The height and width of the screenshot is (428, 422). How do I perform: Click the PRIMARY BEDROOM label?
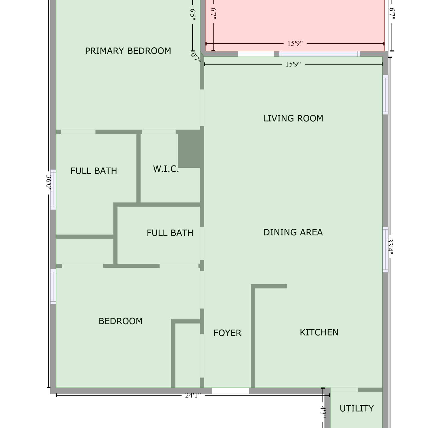pyautogui.click(x=128, y=51)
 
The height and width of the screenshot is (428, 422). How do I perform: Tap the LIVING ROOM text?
pyautogui.click(x=293, y=118)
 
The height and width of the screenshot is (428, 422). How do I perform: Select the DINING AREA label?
pyautogui.click(x=293, y=232)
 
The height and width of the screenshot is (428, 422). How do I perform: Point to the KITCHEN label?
pyautogui.click(x=319, y=332)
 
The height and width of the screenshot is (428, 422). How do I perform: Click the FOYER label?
pyautogui.click(x=227, y=333)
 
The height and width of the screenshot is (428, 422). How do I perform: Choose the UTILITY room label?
pyautogui.click(x=357, y=409)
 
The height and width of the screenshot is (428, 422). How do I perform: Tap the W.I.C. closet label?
pyautogui.click(x=166, y=169)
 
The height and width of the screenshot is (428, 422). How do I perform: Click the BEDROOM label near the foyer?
pyautogui.click(x=121, y=321)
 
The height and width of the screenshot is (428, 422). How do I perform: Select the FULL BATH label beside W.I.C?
pyautogui.click(x=94, y=171)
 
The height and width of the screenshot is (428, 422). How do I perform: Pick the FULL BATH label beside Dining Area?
pyautogui.click(x=170, y=233)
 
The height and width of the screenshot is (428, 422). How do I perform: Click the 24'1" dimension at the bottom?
pyautogui.click(x=193, y=395)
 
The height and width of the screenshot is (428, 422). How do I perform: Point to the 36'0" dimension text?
pyautogui.click(x=49, y=181)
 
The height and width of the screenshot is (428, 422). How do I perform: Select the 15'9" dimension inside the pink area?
pyautogui.click(x=295, y=44)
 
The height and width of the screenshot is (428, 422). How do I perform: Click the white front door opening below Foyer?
pyautogui.click(x=231, y=391)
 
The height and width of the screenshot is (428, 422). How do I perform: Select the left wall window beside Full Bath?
pyautogui.click(x=53, y=190)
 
